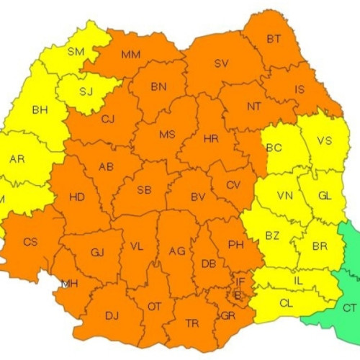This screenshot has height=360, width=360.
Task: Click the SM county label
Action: coord(76,51)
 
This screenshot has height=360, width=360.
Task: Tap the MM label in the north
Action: coord(130,55)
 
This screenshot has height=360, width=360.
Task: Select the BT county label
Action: coord(274,39)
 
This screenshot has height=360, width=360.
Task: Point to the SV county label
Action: coord(221,63)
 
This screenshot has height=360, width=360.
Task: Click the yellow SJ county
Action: coord(86,91)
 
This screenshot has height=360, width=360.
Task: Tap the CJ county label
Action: coord(108,120)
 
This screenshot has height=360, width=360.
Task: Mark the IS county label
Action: coord(300,90)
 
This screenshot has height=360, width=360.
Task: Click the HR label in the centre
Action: coord(211,139)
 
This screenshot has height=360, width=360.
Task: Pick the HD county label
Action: coord(76,197)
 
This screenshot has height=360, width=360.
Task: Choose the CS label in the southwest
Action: coord(30,242)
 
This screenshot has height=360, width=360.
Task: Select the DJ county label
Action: coord(112,315)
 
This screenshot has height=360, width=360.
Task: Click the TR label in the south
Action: coord(192,323)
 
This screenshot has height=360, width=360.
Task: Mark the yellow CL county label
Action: coord(286,304)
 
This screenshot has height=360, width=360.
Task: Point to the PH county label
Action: coord(235,245)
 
